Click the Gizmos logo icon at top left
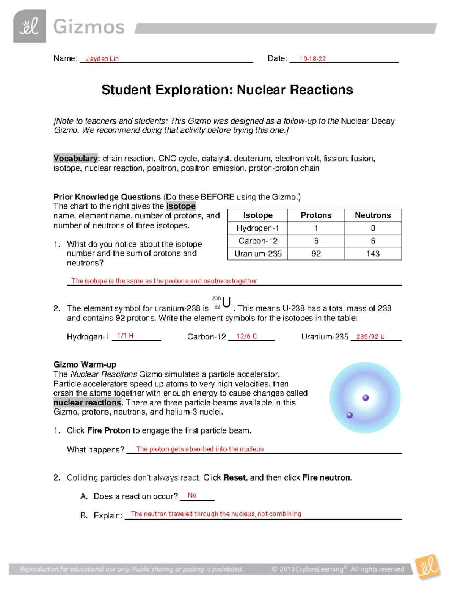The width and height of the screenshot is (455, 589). coord(30,26)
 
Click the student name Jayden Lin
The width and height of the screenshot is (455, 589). coord(102,59)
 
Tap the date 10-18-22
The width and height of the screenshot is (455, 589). coord(312,59)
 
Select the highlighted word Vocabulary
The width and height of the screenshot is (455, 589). coord(75,159)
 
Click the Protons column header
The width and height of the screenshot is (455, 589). coord(316,215)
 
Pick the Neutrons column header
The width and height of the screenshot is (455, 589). coord(372,215)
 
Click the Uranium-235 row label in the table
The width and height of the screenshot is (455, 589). coord(258,254)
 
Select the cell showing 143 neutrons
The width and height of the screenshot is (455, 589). coord(372,254)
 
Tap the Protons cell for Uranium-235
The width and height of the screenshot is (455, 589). coord(316,254)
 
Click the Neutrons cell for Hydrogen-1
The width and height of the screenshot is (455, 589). coord(372,228)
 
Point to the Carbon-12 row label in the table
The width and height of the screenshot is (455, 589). coord(258,241)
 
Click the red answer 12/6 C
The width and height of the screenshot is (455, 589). coord(246,336)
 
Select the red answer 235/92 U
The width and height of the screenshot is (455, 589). coord(370,337)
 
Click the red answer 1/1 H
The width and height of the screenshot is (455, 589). coord(125,336)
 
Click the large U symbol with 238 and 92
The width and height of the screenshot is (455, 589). coord(226,303)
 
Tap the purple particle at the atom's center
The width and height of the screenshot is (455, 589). coord(366,398)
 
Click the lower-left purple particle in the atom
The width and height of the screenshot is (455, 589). coord(350,415)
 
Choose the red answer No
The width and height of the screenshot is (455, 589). coord(192,495)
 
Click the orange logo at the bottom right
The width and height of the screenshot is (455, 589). coord(428,567)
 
